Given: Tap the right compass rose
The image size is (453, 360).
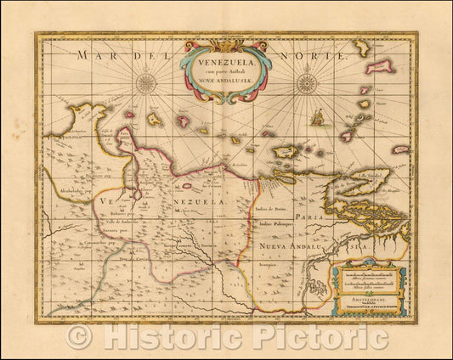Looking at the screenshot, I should coord(306,84).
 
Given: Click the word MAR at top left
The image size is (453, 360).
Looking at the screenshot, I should coord(92,55).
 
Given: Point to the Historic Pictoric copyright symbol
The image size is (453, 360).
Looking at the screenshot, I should coord(79,337).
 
